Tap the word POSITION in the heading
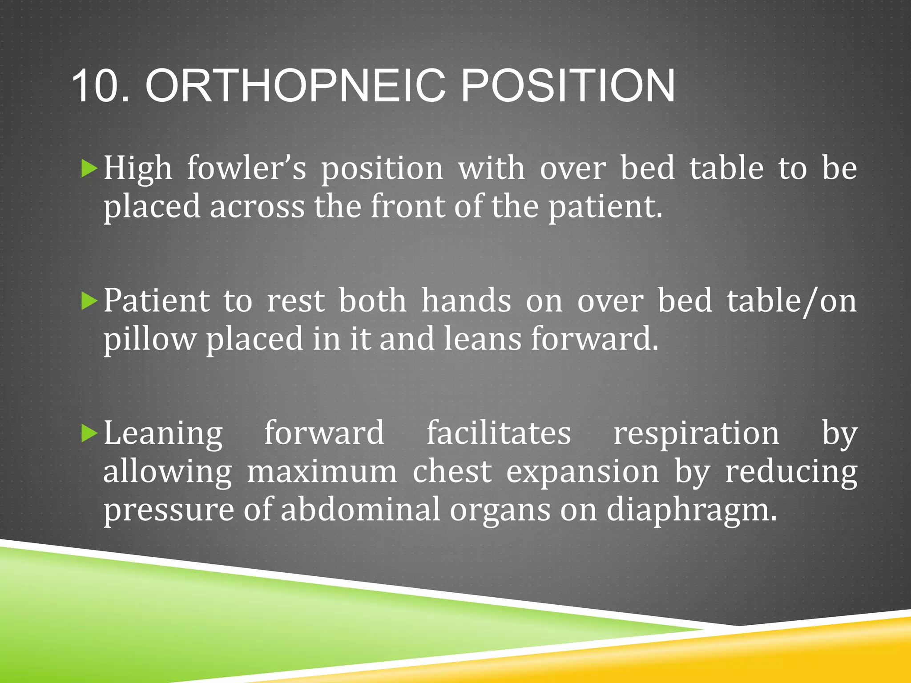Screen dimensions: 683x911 click(568, 85)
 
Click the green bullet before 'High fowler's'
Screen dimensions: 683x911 click(89, 169)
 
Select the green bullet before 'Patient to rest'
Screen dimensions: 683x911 click(89, 302)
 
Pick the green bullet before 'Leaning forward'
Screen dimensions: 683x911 click(89, 434)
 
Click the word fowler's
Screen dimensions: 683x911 click(247, 169)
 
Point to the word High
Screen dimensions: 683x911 click(138, 169)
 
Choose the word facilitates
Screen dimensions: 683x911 click(499, 433)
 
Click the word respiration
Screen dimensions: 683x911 click(696, 433)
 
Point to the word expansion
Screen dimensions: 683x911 click(583, 472)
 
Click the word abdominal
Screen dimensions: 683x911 click(360, 510)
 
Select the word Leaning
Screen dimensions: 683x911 click(163, 434)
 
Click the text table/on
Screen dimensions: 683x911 click(792, 301)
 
